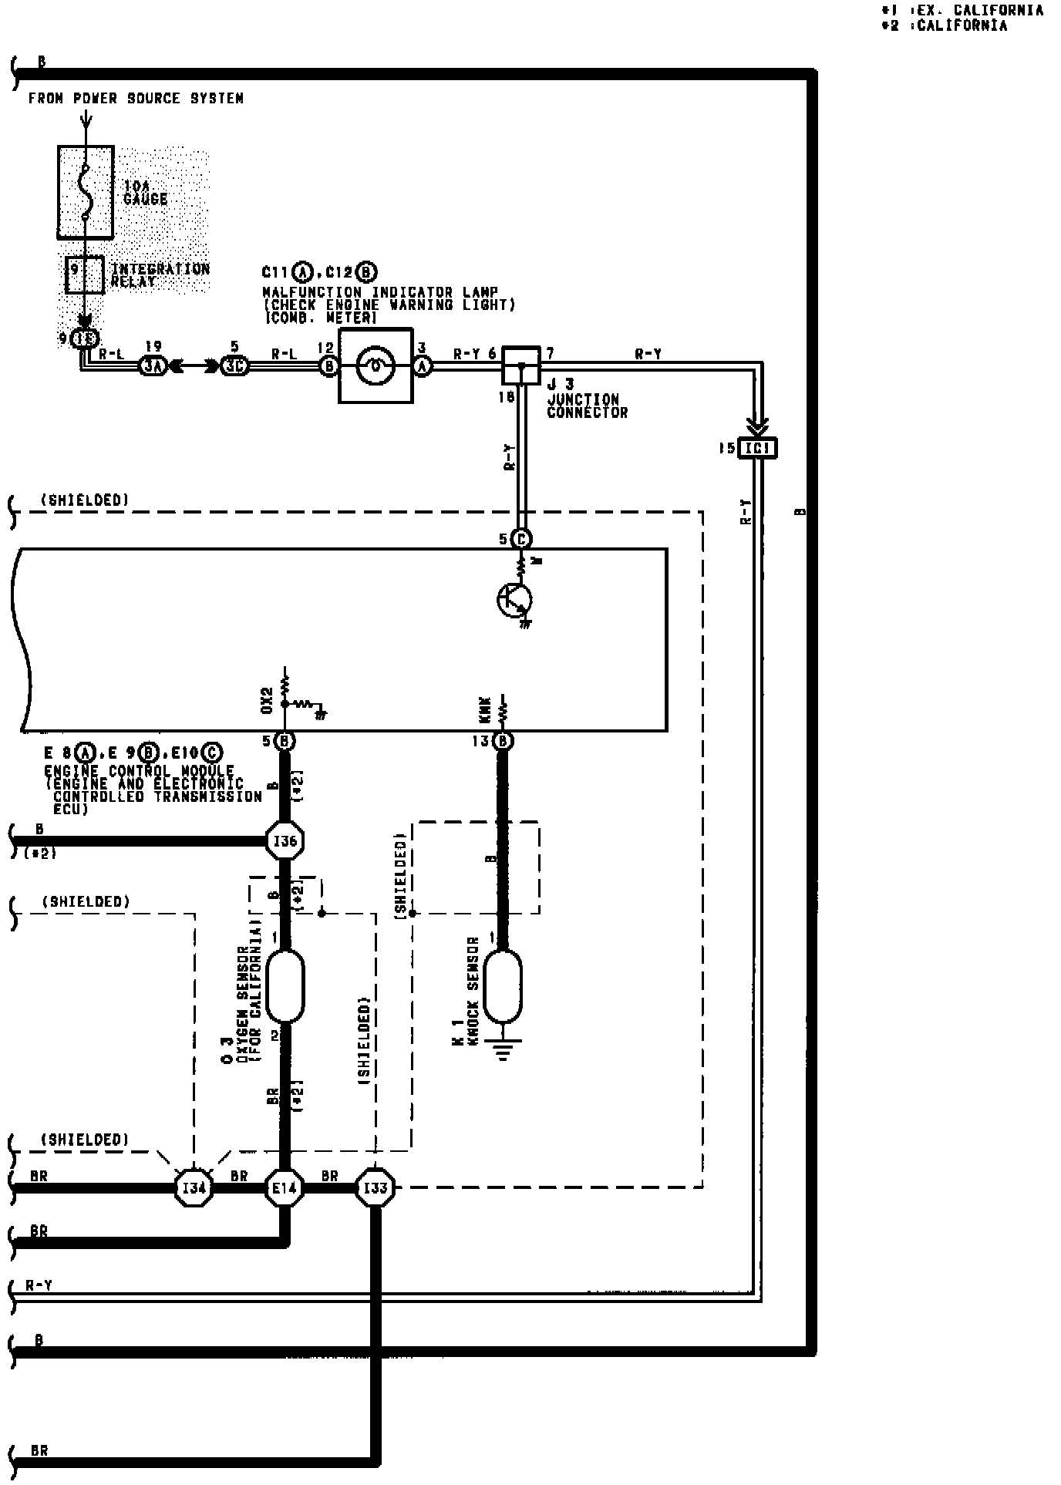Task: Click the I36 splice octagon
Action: pyautogui.click(x=285, y=840)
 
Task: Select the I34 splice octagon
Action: pyautogui.click(x=193, y=1188)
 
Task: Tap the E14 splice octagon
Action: pyautogui.click(x=284, y=1188)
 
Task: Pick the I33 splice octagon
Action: pyautogui.click(x=376, y=1188)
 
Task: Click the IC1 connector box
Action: pyautogui.click(x=757, y=448)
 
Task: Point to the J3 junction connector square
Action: pyautogui.click(x=520, y=365)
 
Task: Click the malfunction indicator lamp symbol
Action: pyautogui.click(x=376, y=365)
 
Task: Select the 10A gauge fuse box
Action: pyautogui.click(x=86, y=192)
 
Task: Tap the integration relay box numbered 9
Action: pyautogui.click(x=85, y=274)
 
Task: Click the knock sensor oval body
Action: pyautogui.click(x=502, y=986)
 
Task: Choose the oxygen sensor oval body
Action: pyautogui.click(x=285, y=986)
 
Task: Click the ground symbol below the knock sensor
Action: pyautogui.click(x=503, y=1051)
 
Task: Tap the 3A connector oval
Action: pyautogui.click(x=152, y=366)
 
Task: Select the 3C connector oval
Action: pyautogui.click(x=234, y=366)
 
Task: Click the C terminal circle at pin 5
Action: pyautogui.click(x=522, y=538)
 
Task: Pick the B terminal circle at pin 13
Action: pyautogui.click(x=503, y=741)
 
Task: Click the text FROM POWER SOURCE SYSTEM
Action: pyautogui.click(x=136, y=99)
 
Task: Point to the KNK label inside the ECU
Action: pyautogui.click(x=486, y=710)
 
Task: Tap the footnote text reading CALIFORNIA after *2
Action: pyautogui.click(x=962, y=26)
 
